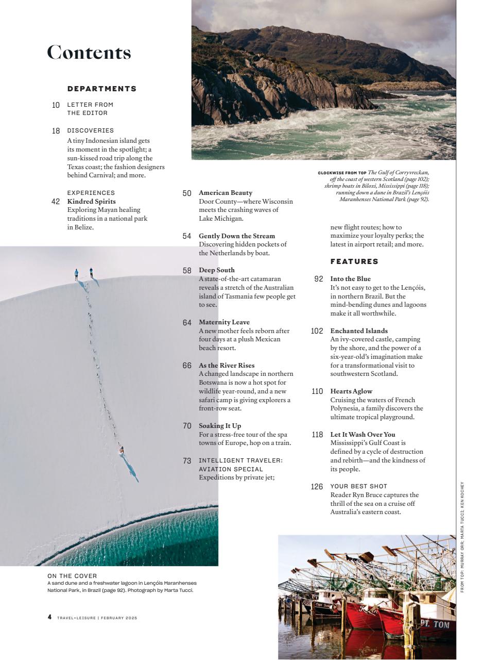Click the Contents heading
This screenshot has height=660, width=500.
point(89,53)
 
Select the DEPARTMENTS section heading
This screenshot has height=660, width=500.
point(102,89)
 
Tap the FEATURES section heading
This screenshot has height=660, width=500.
point(354,261)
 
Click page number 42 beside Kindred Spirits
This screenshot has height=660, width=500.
point(56,202)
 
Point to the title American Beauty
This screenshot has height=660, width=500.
point(226,193)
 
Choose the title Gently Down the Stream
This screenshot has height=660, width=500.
point(237,236)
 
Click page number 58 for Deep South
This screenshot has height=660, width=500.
point(187,270)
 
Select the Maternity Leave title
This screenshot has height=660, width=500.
point(224,322)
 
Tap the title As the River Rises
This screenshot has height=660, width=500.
point(227,366)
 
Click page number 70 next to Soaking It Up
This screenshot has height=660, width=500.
point(187,426)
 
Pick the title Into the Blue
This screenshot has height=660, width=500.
point(350,279)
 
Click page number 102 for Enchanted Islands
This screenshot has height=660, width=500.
point(317,331)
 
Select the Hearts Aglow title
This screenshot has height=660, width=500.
point(351,391)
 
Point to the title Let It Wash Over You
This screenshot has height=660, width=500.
point(363,435)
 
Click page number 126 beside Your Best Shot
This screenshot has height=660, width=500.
point(317,486)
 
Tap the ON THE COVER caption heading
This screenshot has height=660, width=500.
point(72,576)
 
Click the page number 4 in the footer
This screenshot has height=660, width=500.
point(50,617)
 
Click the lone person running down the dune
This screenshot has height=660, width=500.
point(122,450)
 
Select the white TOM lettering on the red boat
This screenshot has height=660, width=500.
point(441,624)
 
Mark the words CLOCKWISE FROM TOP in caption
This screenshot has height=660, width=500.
point(342,173)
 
